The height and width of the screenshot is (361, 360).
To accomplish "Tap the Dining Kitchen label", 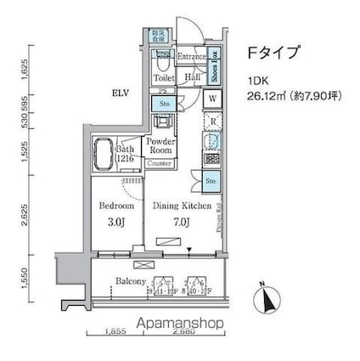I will click(175, 206).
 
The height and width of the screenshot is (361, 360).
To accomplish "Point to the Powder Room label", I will click(160, 146).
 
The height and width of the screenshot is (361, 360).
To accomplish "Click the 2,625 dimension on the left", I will click(28, 218).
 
